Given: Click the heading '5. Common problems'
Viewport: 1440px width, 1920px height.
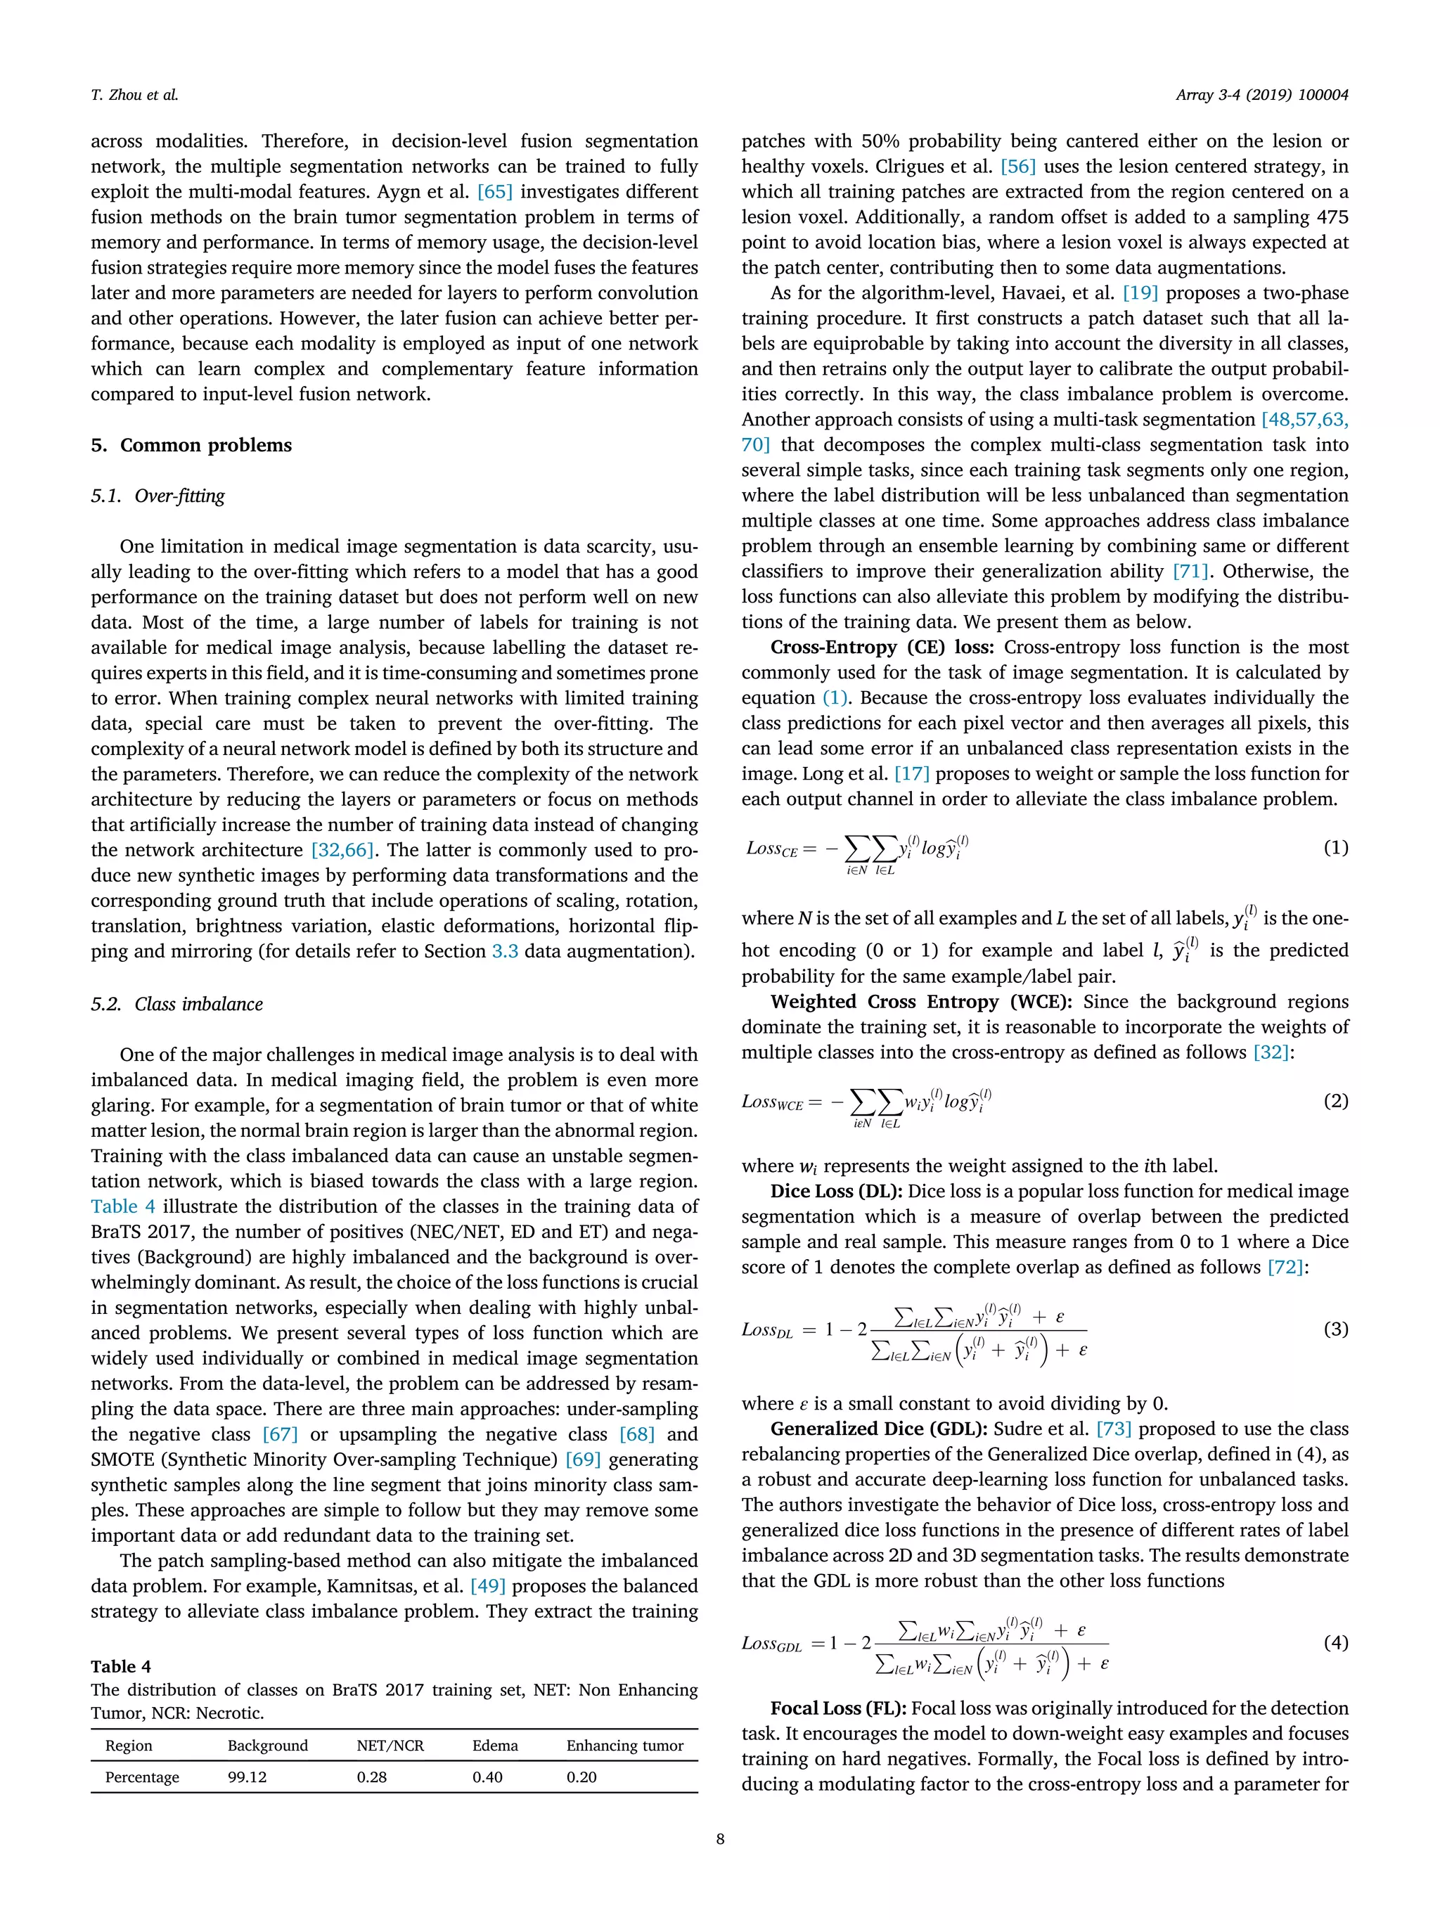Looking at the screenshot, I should coord(191,445).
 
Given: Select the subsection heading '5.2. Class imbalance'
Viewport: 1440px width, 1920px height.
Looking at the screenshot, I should coord(176,1004).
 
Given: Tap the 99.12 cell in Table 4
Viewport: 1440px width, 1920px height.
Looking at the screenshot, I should coord(247,1777).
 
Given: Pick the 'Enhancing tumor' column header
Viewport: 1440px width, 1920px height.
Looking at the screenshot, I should coord(624,1745).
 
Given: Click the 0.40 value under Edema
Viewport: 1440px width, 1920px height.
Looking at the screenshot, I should coord(487,1777).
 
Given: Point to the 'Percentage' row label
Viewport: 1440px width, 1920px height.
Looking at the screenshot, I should coord(141,1777).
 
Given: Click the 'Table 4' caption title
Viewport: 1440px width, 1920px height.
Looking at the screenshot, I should coord(121,1665).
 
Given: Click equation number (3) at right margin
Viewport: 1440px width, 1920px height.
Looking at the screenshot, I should coord(1335,1329).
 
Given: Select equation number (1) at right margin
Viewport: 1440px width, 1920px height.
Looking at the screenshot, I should coord(1335,847).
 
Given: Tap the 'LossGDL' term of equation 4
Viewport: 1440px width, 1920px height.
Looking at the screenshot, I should coord(771,1643).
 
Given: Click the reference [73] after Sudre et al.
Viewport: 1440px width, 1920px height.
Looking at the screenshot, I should coord(1113,1429).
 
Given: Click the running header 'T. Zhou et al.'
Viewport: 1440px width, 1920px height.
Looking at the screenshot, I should coord(134,96).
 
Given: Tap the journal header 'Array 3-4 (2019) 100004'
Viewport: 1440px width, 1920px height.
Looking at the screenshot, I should coord(1261,96).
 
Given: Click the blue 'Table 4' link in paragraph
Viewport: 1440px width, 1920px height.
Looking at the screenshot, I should coord(122,1206).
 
